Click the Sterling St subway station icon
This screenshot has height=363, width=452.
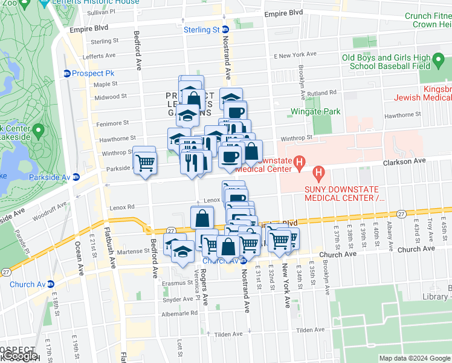[225, 30]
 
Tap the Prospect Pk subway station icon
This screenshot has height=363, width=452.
[67, 73]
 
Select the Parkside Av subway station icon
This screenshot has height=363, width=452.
[76, 177]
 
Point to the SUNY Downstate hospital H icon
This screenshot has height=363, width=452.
[318, 175]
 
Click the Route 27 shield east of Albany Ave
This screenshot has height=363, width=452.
[401, 214]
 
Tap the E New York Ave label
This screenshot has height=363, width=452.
[295, 54]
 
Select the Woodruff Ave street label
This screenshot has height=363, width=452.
[48, 214]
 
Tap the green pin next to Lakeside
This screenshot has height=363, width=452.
[39, 131]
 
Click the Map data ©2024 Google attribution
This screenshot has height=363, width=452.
[414, 358]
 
